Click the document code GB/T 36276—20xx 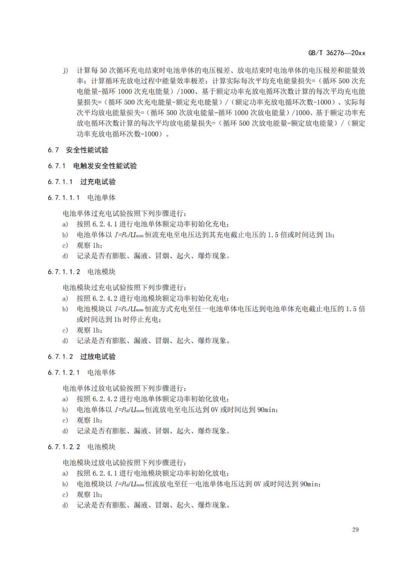coord(336,53)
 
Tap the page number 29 coord(355,529)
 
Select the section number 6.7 coord(53,150)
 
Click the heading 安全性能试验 coord(87,150)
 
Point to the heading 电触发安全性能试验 coord(105,166)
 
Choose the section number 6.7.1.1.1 coord(64,198)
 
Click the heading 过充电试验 coord(98,182)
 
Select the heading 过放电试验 coord(98,357)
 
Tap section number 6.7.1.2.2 coord(64,447)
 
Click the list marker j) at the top coord(65,70)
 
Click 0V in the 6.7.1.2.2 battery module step coord(257,484)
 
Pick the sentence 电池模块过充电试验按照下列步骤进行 coord(124,288)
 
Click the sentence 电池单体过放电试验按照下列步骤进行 coord(124,388)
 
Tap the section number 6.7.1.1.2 coord(64,272)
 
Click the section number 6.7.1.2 coord(60,357)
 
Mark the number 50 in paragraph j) coord(103,70)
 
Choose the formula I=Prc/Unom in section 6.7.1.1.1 coord(129,235)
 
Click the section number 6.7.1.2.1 coord(64,373)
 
